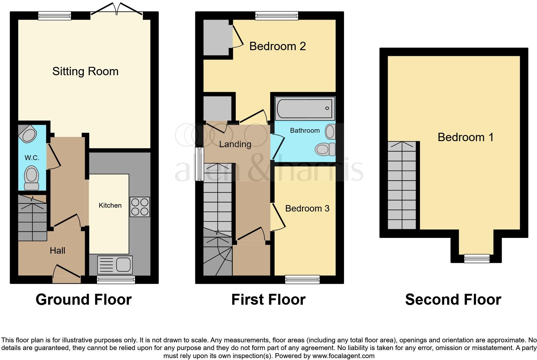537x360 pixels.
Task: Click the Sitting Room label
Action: (85, 71)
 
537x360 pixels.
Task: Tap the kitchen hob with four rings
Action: (140, 207)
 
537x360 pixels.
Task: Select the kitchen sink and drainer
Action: (115, 265)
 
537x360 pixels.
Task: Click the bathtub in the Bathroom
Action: (304, 108)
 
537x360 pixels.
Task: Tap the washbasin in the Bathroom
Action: (330, 132)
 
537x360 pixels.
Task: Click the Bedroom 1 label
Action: (465, 137)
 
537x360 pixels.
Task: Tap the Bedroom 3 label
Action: (307, 209)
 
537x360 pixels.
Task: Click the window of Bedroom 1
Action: (477, 258)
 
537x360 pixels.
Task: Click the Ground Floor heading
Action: (84, 300)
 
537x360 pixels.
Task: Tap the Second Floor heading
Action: (453, 300)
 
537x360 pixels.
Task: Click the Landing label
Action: (235, 144)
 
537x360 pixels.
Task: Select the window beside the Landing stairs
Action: (200, 164)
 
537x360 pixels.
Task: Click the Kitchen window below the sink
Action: (116, 280)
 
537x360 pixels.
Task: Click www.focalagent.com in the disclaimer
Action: (343, 356)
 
